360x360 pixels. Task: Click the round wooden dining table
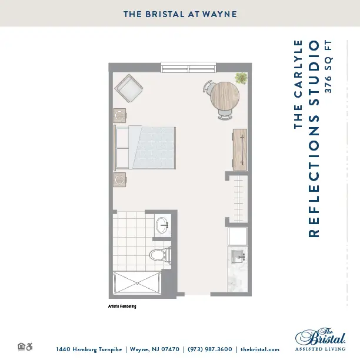click(225, 96)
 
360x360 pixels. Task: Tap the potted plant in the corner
click(241, 78)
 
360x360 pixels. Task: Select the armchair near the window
click(129, 89)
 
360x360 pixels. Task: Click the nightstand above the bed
click(119, 115)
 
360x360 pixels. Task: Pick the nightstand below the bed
click(119, 179)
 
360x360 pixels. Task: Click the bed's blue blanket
click(154, 148)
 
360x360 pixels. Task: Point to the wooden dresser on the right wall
click(240, 149)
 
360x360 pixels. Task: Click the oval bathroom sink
click(162, 225)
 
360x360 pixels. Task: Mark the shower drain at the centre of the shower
click(137, 283)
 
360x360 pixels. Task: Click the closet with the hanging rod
click(238, 199)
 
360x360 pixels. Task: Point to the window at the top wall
click(188, 67)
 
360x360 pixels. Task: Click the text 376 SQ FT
click(328, 66)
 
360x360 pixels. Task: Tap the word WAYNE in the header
click(220, 14)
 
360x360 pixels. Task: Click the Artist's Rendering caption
click(122, 306)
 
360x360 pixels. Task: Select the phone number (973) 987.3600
click(210, 349)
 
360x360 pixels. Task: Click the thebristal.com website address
click(260, 349)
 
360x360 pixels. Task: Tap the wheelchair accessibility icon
click(29, 346)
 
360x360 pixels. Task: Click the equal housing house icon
click(21, 346)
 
